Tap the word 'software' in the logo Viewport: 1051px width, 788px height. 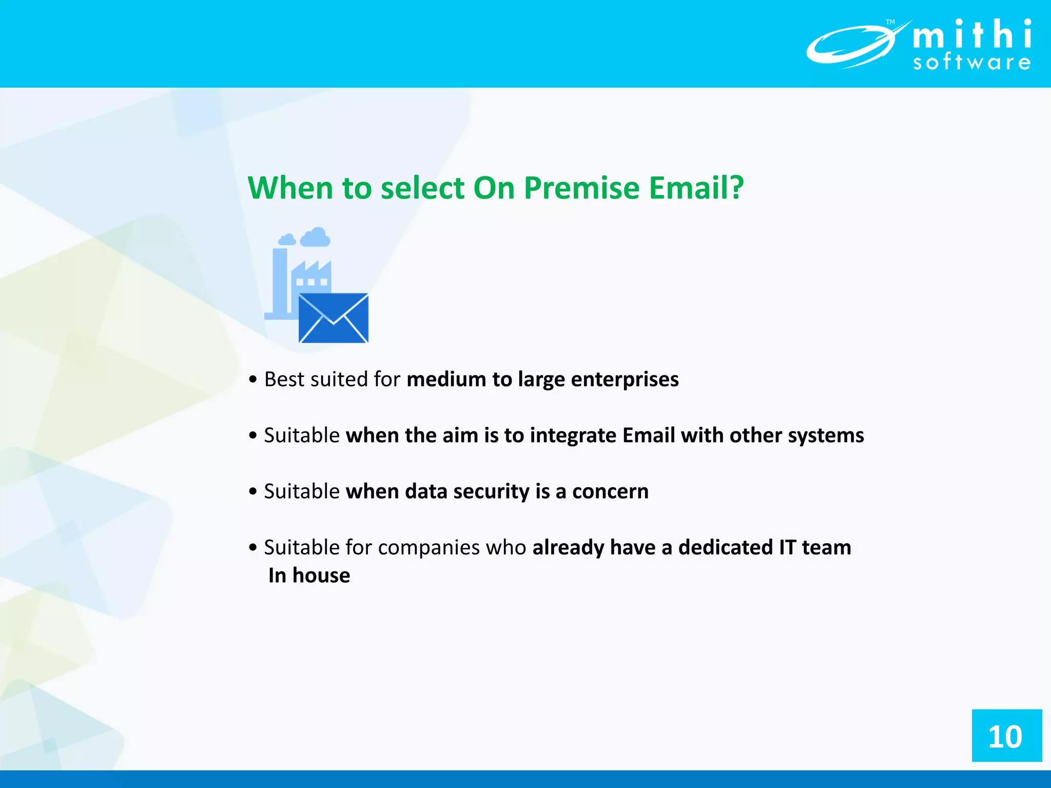coord(971,63)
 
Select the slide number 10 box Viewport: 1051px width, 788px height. coord(1006,736)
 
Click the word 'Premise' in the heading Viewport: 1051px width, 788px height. coord(581,188)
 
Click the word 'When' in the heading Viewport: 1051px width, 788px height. coord(290,188)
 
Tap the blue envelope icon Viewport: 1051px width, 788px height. coord(334,318)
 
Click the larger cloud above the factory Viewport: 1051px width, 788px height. coord(315,238)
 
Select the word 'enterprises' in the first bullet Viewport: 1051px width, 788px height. coord(625,380)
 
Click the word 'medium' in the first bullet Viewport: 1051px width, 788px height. coord(446,380)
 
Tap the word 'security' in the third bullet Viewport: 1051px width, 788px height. coord(491,491)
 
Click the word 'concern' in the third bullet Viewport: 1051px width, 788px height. coord(610,491)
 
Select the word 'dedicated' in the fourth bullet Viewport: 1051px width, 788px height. coord(725,547)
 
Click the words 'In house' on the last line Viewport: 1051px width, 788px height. coord(309,576)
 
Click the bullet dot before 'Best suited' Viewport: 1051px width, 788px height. coord(252,380)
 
